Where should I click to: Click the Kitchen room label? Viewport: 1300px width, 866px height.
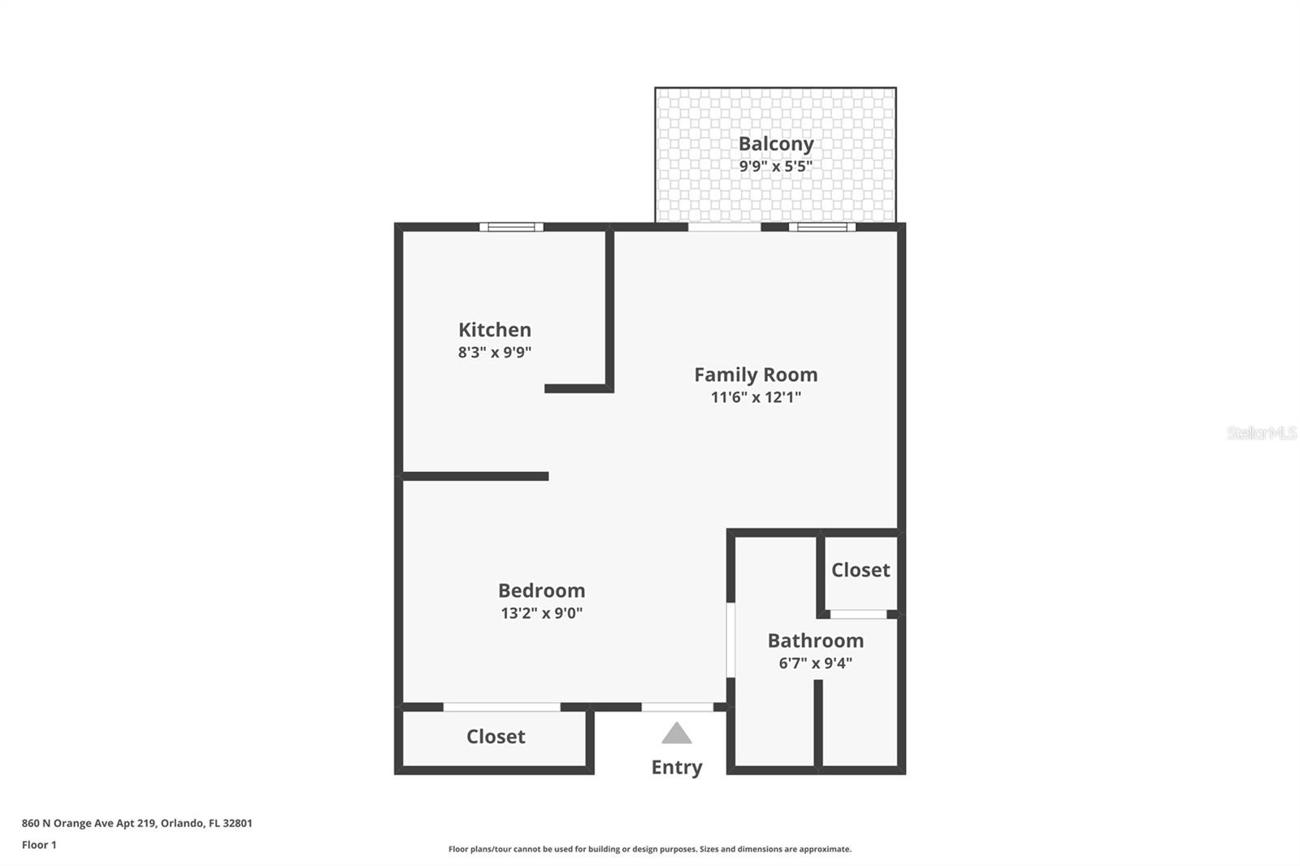pos(495,330)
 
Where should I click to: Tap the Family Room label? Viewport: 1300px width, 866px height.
pos(756,375)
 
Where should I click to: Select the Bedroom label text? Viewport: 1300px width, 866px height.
pos(541,591)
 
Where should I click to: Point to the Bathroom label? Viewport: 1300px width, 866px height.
pos(816,640)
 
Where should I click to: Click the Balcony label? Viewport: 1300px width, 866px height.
pos(776,144)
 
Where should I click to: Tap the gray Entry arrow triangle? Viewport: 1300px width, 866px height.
pos(676,734)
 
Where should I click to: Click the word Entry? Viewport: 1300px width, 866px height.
pos(677,767)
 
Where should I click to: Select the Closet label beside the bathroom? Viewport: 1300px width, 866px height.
pos(860,570)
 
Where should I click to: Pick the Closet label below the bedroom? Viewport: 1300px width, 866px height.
pos(496,737)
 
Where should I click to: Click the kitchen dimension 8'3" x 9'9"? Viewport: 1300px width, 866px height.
pos(495,353)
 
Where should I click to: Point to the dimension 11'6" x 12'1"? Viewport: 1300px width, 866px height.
pos(756,397)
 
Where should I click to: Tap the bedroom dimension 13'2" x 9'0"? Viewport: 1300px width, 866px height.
pos(541,613)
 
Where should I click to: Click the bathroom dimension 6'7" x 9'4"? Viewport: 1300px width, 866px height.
pos(816,663)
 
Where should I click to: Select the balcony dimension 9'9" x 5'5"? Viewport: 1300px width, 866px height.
pos(776,167)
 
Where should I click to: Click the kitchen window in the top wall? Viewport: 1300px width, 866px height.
pos(511,227)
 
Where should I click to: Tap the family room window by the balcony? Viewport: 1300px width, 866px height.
pos(821,227)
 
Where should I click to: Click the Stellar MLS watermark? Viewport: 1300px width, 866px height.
pos(1261,433)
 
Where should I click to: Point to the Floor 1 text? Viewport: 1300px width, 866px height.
pos(39,845)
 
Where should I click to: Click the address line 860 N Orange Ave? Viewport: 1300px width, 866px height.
pos(137,823)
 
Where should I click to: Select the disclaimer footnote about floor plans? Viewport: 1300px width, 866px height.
pos(650,849)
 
